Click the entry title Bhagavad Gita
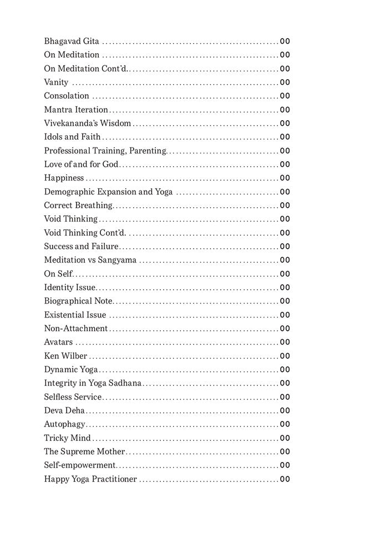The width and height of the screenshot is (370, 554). tap(72, 41)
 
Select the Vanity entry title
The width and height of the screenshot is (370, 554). tap(56, 82)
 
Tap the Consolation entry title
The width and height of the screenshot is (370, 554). tap(67, 96)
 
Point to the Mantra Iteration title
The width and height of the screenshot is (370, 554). tap(76, 110)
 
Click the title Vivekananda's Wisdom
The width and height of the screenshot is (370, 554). tap(88, 123)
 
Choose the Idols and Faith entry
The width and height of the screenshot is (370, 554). tap(73, 137)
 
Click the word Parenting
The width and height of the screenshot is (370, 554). tap(148, 151)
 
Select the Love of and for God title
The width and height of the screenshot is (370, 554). tap(82, 164)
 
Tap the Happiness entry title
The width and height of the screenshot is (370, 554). tap(64, 178)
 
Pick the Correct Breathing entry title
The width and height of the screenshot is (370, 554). tap(78, 206)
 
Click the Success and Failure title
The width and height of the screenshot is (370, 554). tap(82, 247)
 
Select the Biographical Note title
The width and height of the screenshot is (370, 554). tap(78, 301)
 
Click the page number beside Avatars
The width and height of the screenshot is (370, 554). tap(285, 342)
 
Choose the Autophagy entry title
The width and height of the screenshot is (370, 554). tap(65, 424)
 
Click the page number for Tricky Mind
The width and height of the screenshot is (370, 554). tap(285, 438)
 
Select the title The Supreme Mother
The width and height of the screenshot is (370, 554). tap(84, 452)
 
